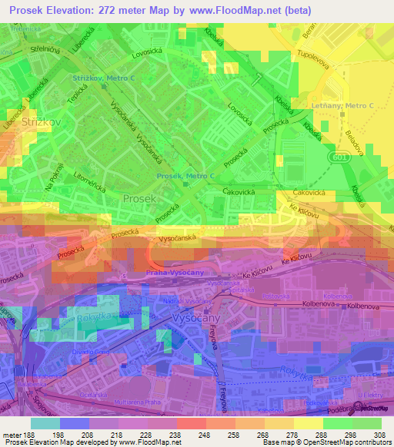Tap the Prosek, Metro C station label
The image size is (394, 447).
(x=185, y=176)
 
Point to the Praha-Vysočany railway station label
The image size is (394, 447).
(x=175, y=273)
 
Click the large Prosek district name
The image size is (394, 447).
(x=140, y=198)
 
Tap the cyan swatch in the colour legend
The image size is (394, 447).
(x=45, y=423)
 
